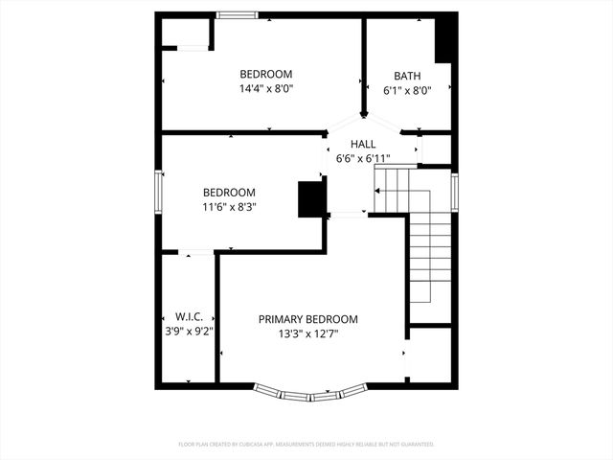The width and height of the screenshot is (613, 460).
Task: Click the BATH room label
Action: (x=407, y=76)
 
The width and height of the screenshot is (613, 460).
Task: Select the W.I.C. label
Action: (x=187, y=316)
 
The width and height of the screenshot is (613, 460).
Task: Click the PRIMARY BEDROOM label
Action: (x=307, y=319)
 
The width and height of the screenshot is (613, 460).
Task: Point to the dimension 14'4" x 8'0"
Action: (x=265, y=89)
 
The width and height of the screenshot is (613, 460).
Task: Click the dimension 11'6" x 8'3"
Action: (x=229, y=206)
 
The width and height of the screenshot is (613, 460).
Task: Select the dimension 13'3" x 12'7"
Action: (x=307, y=334)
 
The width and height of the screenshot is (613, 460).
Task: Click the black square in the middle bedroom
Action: (x=311, y=199)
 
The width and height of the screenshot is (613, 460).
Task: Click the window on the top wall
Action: (x=237, y=14)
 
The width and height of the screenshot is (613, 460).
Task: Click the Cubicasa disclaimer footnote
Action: (x=306, y=445)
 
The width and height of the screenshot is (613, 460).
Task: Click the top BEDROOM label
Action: (x=265, y=75)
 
